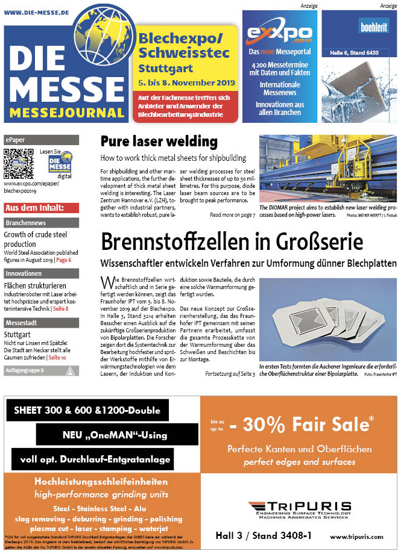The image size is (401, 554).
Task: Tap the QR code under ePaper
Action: [19, 163]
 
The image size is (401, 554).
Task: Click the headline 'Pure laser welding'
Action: [159, 142]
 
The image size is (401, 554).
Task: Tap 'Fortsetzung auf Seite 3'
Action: [230, 374]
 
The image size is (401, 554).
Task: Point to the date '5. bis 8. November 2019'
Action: [178, 81]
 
